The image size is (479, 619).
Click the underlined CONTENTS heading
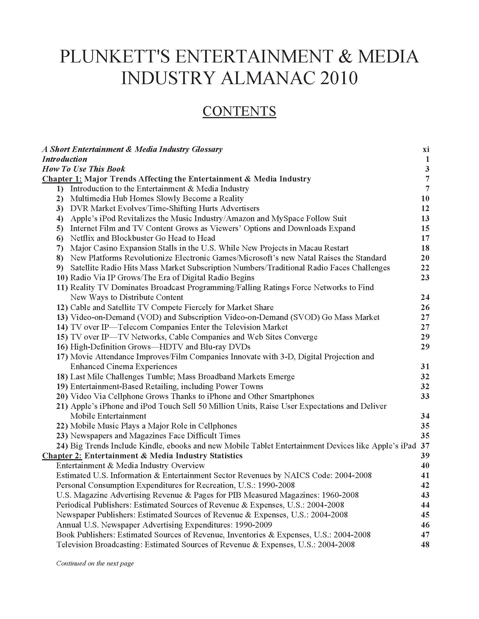click(x=239, y=111)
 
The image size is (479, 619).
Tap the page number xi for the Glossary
click(x=426, y=149)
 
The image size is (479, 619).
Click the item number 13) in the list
click(x=62, y=317)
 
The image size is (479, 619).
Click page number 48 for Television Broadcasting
click(x=425, y=544)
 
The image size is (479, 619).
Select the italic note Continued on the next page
click(x=95, y=563)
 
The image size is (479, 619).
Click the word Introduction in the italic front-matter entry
click(x=65, y=159)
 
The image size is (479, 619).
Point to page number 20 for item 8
click(x=425, y=258)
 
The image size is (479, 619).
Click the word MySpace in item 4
click(x=287, y=219)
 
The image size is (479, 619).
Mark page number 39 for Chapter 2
click(x=425, y=456)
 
